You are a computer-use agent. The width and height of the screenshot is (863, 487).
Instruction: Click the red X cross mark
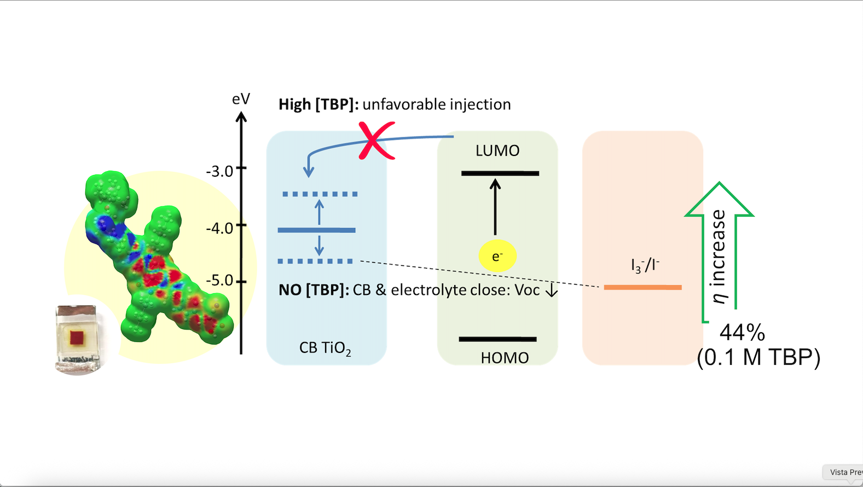click(x=376, y=141)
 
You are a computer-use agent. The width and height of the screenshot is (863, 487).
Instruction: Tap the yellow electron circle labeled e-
click(x=497, y=256)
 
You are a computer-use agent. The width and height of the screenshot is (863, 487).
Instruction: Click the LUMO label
click(x=497, y=150)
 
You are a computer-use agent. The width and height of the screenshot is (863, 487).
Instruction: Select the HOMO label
click(x=505, y=358)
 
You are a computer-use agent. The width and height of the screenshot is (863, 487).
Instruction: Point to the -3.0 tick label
click(x=220, y=171)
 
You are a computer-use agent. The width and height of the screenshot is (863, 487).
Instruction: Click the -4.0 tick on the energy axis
click(x=241, y=225)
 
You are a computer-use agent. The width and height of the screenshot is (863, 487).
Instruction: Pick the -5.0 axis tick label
click(x=220, y=281)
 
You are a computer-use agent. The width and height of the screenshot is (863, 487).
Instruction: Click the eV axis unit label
click(x=241, y=99)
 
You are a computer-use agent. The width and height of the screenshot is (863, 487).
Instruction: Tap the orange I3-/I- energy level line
click(x=642, y=287)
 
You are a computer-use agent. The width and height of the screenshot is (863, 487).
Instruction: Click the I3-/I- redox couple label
click(x=645, y=266)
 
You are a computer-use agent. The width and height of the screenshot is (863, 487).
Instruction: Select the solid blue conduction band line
click(x=316, y=230)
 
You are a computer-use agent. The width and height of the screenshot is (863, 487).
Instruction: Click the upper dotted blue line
click(x=320, y=194)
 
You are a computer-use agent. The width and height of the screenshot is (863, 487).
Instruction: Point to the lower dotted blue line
click(x=315, y=262)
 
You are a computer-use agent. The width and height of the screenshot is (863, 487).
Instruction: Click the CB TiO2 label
click(x=325, y=348)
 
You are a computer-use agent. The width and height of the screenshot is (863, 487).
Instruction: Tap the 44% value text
click(x=742, y=332)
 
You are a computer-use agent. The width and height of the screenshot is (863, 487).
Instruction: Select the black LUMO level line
click(x=500, y=173)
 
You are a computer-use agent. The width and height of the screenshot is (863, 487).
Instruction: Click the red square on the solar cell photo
click(x=77, y=337)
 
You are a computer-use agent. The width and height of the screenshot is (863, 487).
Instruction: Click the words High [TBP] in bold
click(x=318, y=105)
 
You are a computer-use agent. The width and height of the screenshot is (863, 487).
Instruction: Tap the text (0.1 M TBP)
click(x=758, y=357)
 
